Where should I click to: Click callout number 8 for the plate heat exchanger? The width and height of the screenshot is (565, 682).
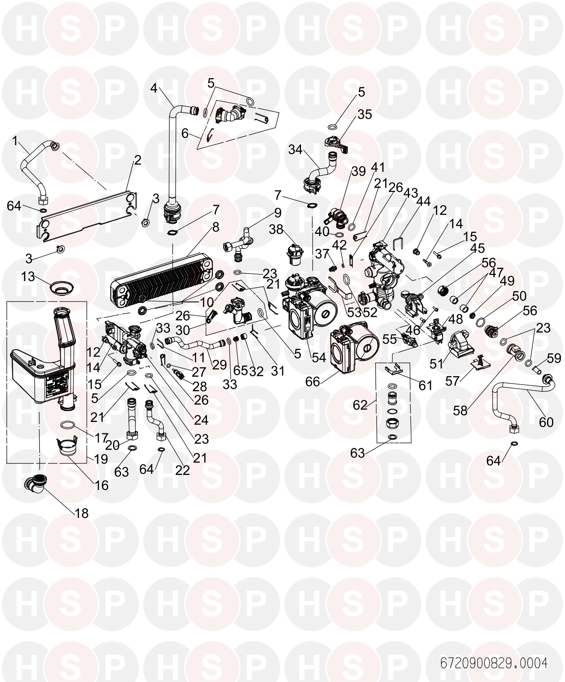click(x=215, y=227)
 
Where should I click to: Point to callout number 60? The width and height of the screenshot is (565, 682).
click(x=546, y=422)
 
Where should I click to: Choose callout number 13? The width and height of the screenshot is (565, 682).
click(x=28, y=277)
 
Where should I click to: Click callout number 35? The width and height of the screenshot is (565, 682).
click(x=365, y=114)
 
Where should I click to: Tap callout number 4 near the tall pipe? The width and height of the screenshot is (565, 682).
click(x=154, y=88)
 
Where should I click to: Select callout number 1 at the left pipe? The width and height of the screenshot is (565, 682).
click(x=15, y=141)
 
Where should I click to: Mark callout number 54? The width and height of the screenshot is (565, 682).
click(x=319, y=358)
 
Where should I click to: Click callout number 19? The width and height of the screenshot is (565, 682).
click(x=101, y=459)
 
